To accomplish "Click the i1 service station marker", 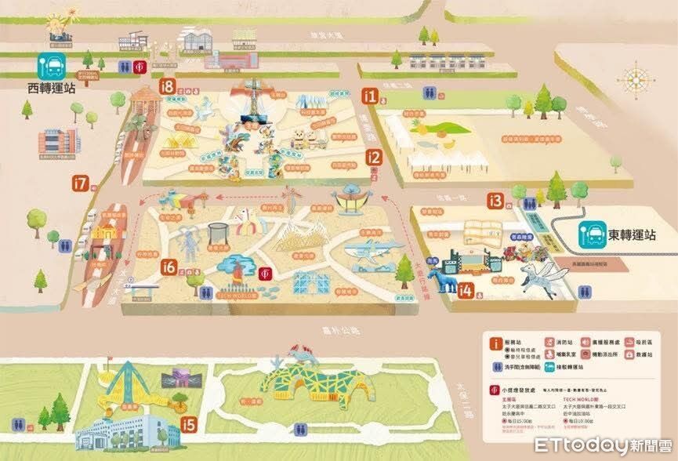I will click(370, 96).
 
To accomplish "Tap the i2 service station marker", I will click(375, 158).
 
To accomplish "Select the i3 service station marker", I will click(495, 201).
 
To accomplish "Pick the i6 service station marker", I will click(169, 267).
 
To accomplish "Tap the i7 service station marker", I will click(80, 183).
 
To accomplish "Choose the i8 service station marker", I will click(165, 86).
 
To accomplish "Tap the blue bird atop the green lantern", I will click(302, 355).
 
